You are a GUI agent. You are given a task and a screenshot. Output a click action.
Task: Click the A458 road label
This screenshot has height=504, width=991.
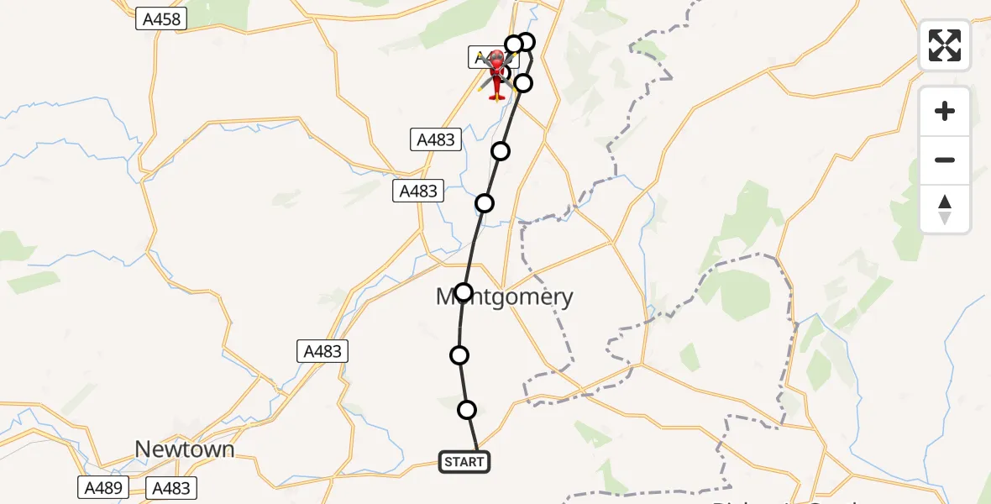(x=161, y=18)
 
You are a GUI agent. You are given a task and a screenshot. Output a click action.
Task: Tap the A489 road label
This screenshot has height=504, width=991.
(x=103, y=487)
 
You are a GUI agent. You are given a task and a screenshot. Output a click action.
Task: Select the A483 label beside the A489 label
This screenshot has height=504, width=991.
(x=170, y=487)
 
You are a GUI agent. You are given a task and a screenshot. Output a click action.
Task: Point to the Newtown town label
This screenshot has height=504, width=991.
(x=185, y=449)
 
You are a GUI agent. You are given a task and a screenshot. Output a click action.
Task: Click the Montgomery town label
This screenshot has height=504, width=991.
(x=505, y=297)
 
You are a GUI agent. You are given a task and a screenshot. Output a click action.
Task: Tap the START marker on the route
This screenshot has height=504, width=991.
(x=464, y=461)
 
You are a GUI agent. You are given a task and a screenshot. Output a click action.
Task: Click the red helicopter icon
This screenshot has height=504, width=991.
(x=496, y=74)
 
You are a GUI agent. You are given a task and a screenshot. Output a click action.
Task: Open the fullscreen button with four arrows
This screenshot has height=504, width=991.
(x=945, y=45)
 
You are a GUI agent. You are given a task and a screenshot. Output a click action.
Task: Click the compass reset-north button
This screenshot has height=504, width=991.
(x=945, y=209)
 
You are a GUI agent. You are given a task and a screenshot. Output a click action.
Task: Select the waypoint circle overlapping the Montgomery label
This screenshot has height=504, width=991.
(x=464, y=292)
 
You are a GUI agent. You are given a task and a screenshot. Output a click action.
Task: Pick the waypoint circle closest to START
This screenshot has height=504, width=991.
(x=467, y=410)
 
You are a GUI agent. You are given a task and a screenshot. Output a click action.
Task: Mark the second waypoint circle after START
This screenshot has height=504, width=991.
(x=459, y=355)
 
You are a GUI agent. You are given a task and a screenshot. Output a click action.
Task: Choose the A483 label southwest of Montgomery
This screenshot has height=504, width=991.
(x=323, y=351)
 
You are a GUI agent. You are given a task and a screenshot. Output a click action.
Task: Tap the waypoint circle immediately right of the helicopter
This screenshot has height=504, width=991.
(x=523, y=82)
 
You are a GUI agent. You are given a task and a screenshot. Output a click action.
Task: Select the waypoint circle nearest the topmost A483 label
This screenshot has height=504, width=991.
(x=501, y=151)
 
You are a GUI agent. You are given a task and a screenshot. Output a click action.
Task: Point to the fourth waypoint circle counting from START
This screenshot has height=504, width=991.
(x=485, y=202)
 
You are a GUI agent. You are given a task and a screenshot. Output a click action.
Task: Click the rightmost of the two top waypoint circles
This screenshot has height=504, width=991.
(x=526, y=42)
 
